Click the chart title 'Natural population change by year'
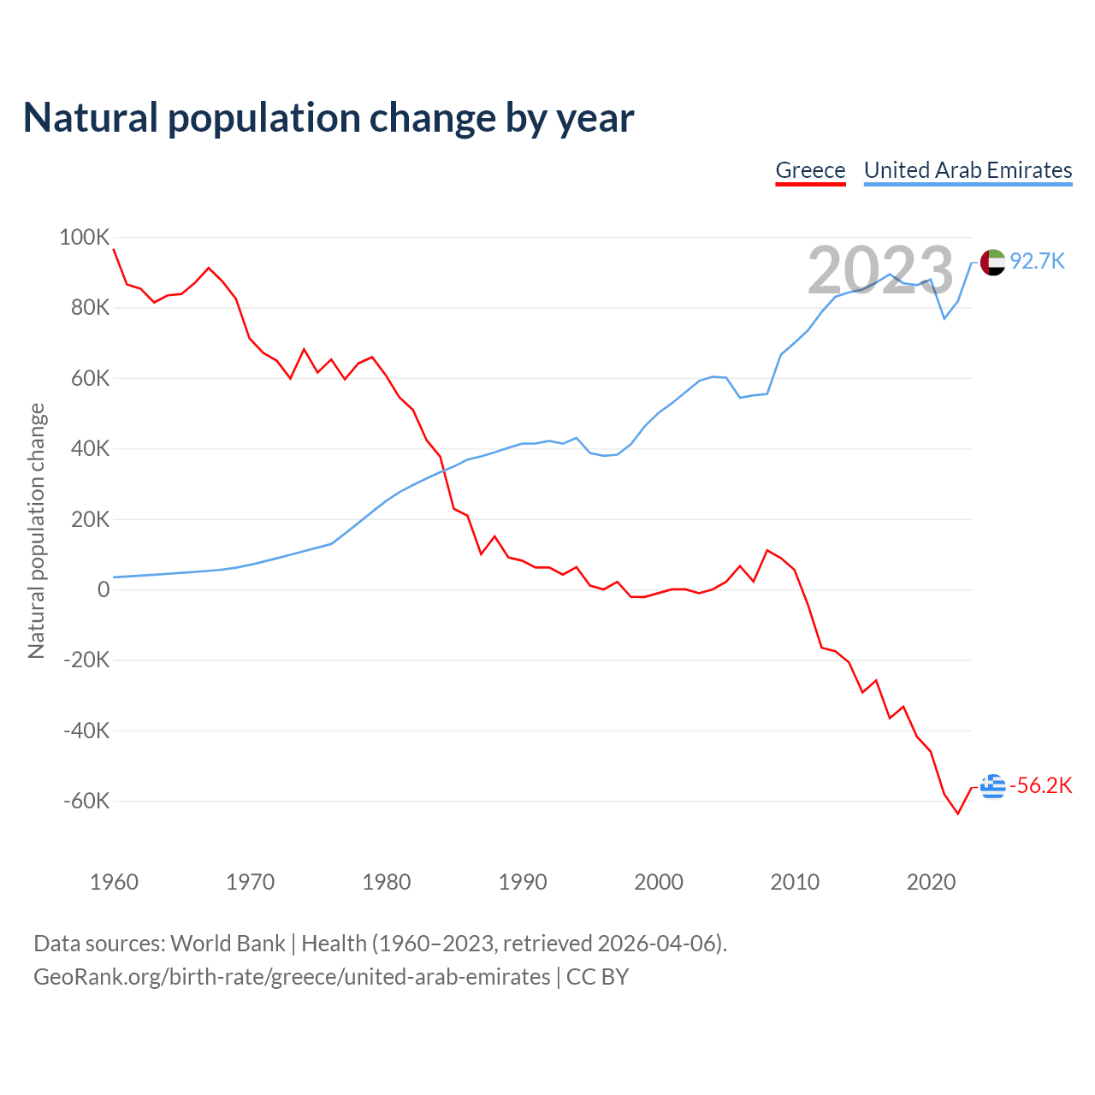click(328, 118)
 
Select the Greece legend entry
click(810, 170)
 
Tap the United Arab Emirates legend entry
click(968, 170)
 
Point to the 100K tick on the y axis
click(84, 237)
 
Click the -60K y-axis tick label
click(86, 802)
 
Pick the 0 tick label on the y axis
click(104, 589)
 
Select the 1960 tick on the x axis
click(114, 882)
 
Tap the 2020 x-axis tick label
click(931, 882)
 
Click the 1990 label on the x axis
click(523, 882)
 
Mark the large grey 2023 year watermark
click(880, 270)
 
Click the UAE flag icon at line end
click(992, 262)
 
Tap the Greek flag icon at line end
click(992, 786)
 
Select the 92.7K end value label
click(1037, 262)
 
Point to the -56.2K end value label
click(1040, 786)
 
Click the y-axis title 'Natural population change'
click(37, 530)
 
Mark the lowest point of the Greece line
click(958, 814)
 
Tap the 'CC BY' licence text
click(597, 977)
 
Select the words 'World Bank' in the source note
click(228, 944)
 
